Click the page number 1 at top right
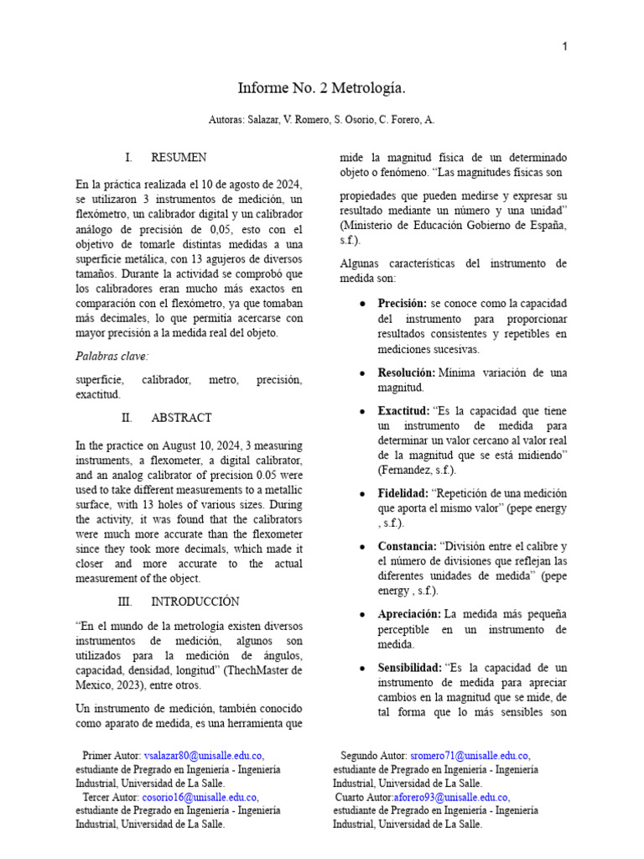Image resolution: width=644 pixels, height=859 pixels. (x=564, y=47)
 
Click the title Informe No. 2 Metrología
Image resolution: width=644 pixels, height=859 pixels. (x=322, y=87)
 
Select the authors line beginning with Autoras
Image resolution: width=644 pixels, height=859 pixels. (x=322, y=120)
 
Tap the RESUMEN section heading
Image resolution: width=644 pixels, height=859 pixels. (x=179, y=157)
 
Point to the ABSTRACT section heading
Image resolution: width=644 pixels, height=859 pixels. (x=181, y=417)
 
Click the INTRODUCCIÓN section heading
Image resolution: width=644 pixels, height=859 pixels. (x=195, y=601)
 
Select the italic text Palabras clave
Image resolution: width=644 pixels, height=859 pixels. (x=111, y=356)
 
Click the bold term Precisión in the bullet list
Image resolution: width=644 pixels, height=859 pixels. (x=402, y=303)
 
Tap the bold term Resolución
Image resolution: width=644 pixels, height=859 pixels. (x=406, y=372)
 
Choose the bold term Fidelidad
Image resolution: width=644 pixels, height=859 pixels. (x=403, y=492)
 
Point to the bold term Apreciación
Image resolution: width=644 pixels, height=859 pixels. (x=409, y=613)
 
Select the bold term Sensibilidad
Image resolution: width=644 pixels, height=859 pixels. (x=409, y=667)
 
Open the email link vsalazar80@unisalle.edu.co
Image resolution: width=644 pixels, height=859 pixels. (x=204, y=755)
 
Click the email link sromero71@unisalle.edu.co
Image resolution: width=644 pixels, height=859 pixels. (x=469, y=755)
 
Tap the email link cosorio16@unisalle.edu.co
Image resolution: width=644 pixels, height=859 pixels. (x=199, y=797)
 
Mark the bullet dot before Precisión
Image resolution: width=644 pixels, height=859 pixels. (x=361, y=303)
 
